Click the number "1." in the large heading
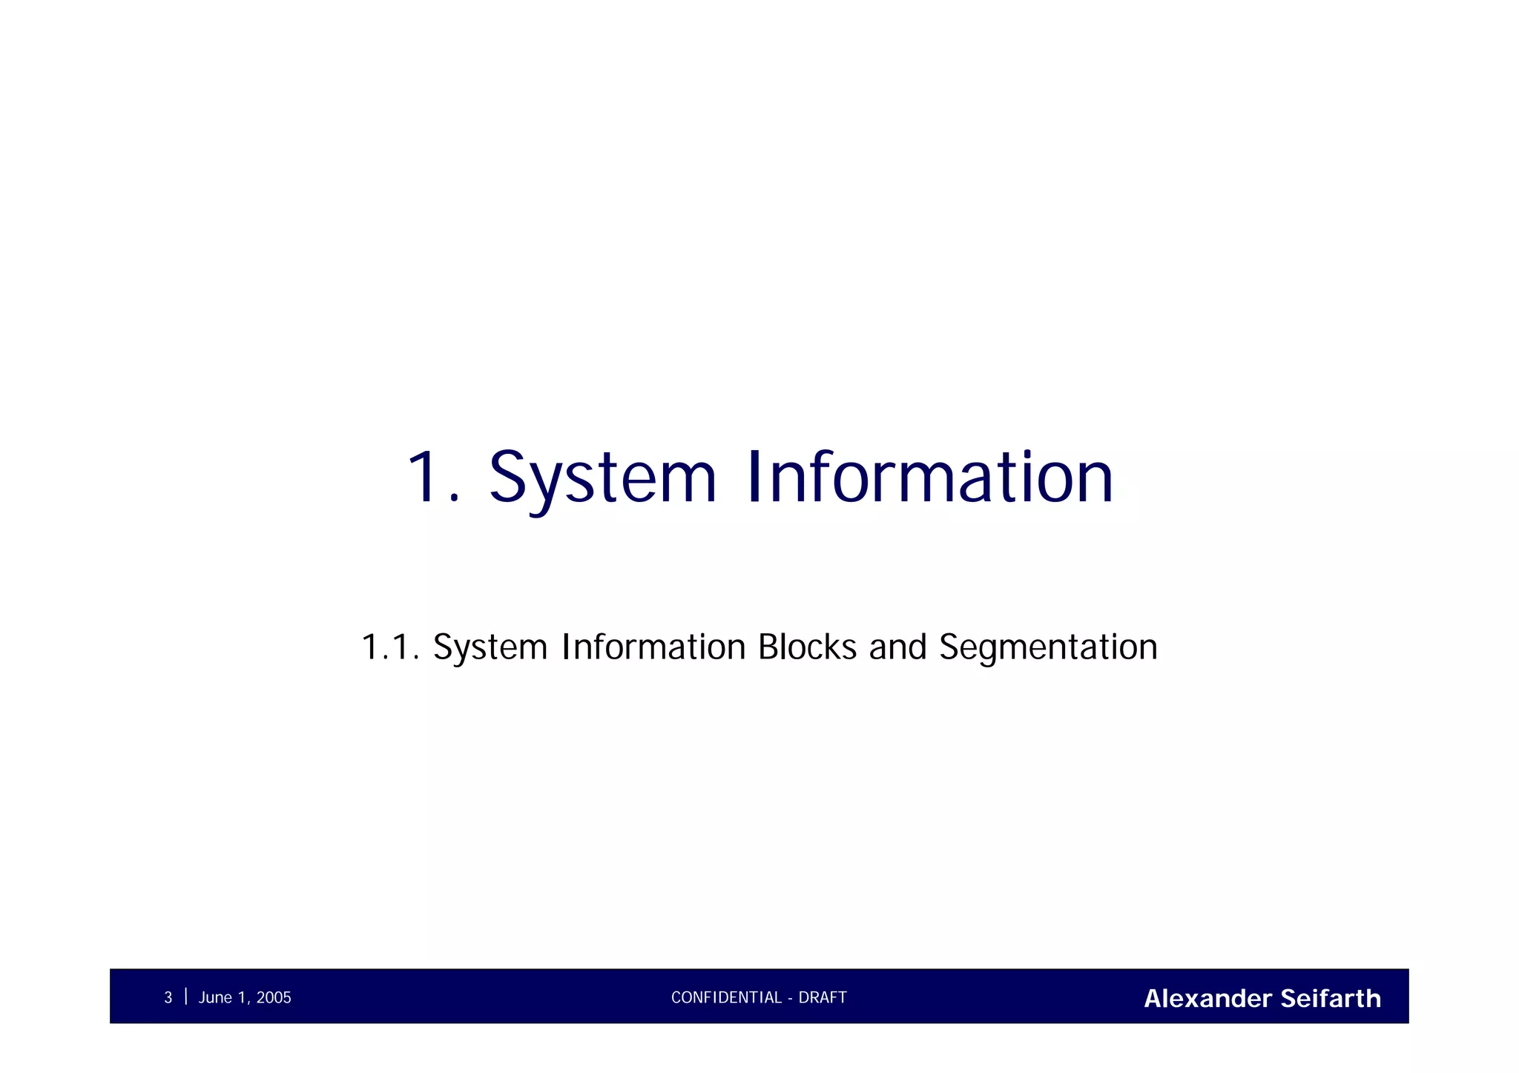tap(432, 478)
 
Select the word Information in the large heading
tap(930, 478)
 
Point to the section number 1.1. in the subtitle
tap(390, 647)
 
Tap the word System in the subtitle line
tap(490, 647)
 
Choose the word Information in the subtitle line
tap(653, 647)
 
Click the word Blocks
tap(807, 647)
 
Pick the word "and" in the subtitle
tap(897, 647)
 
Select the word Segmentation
tap(1048, 647)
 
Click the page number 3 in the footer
tap(168, 998)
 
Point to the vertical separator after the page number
tap(185, 996)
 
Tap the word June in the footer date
tap(215, 998)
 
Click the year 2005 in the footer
tap(274, 998)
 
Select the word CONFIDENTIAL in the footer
tap(726, 998)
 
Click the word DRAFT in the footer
tap(823, 998)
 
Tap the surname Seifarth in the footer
tap(1331, 999)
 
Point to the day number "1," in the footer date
tap(243, 998)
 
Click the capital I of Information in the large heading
tap(755, 478)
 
